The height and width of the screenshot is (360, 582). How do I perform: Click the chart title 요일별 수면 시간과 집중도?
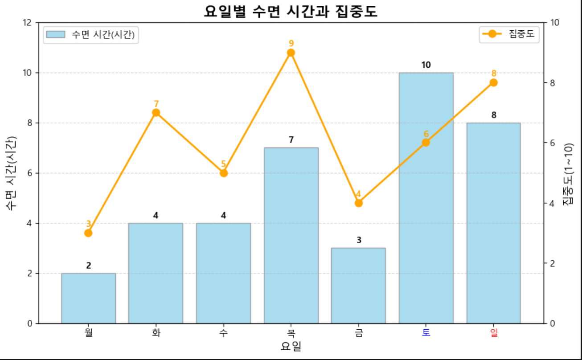[291, 11]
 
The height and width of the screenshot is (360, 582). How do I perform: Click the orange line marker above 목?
[291, 53]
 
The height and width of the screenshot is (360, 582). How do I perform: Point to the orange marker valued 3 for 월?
[88, 233]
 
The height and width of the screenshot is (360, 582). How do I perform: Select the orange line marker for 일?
[493, 82]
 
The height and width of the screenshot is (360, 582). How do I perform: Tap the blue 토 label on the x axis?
[426, 332]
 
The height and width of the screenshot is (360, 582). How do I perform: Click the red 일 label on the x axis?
[493, 332]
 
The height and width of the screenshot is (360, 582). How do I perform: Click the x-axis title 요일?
[291, 346]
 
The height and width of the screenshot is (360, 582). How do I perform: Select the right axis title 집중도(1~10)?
[568, 174]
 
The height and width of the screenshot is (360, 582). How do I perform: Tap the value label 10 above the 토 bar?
[426, 65]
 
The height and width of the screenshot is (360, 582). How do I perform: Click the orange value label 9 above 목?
[291, 43]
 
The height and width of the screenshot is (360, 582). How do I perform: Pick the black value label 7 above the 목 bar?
[291, 140]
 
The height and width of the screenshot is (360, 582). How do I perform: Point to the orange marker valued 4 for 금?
[359, 203]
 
